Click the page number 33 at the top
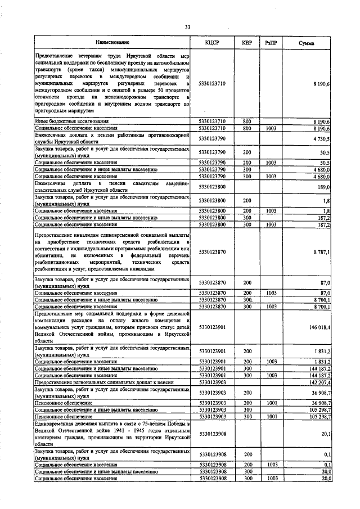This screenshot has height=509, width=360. pos(187,27)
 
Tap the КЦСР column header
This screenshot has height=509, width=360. pos(212,43)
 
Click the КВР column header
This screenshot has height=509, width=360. pos(246,43)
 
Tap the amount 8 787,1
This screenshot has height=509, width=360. pos(322,253)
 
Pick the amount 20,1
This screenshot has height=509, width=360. pos(325,434)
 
